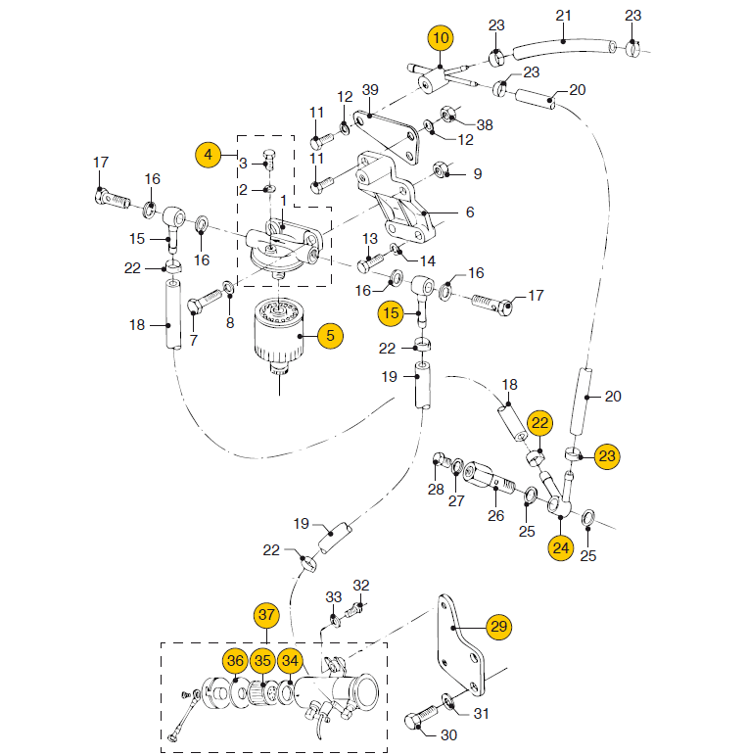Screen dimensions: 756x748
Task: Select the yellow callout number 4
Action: click(208, 154)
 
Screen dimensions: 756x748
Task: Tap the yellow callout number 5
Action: click(329, 335)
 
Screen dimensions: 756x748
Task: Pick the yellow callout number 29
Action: click(499, 626)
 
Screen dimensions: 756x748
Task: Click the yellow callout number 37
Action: click(266, 615)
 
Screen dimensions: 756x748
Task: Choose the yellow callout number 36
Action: click(235, 661)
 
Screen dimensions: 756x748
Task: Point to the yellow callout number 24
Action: click(560, 547)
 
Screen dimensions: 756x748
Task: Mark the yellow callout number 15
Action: click(392, 313)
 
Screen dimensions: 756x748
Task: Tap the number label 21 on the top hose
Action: click(563, 16)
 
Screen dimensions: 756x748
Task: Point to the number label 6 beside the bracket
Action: click(469, 212)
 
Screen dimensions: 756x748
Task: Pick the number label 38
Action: click(485, 124)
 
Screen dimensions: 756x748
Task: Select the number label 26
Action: click(496, 516)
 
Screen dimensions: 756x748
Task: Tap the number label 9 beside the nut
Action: click(477, 174)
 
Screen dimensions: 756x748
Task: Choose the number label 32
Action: click(361, 586)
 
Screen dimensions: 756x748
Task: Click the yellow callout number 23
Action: click(609, 455)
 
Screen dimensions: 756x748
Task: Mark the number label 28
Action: click(436, 488)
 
